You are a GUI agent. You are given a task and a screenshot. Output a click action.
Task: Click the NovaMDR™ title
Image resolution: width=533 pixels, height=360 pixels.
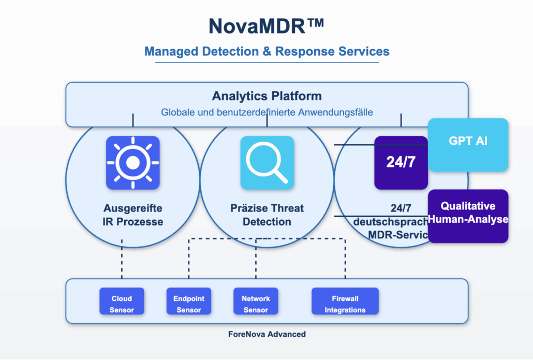click(266, 26)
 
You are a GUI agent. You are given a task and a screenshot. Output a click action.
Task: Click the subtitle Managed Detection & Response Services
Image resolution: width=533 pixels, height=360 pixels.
click(266, 52)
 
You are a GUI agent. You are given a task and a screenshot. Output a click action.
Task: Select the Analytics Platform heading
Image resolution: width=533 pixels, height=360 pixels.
click(266, 96)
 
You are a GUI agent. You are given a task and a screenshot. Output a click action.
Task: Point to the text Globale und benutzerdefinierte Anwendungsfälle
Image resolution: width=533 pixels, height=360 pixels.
click(266, 112)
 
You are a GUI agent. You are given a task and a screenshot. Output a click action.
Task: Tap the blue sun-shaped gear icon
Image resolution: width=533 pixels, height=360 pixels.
click(132, 162)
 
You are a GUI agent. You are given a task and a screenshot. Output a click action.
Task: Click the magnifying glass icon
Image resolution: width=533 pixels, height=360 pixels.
click(267, 162)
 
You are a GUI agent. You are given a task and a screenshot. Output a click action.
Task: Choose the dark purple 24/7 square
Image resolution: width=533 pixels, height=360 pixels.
click(401, 162)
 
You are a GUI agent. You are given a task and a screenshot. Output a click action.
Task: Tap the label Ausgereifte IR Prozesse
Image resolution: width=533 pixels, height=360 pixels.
click(132, 215)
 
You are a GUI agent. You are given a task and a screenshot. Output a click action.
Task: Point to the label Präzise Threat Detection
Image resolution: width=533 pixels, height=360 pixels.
click(267, 215)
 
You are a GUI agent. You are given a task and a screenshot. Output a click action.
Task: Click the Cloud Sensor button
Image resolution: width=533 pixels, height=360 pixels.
click(122, 304)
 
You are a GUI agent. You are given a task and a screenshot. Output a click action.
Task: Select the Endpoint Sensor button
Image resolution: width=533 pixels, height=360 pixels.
click(189, 304)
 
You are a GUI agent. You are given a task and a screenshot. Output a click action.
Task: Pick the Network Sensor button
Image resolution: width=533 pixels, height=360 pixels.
click(256, 304)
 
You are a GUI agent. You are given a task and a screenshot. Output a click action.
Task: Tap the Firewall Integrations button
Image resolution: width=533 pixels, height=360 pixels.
click(345, 304)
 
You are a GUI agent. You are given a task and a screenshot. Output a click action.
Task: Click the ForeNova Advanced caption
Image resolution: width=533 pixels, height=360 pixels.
click(266, 334)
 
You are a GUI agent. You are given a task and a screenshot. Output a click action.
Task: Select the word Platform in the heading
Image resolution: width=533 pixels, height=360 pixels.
click(298, 96)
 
